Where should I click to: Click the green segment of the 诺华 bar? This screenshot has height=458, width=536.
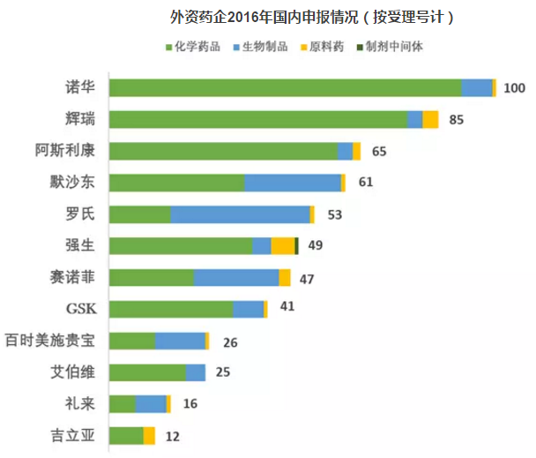285,87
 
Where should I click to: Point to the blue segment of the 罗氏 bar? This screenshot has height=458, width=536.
240,214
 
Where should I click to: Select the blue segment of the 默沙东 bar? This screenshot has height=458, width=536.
292,183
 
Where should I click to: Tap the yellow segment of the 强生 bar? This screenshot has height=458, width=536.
282,246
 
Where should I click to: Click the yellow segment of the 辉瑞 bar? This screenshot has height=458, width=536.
430,119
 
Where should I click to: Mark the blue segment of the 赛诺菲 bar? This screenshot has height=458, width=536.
236,278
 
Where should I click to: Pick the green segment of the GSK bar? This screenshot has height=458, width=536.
171,309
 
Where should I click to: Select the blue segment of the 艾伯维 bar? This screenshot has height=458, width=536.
196,372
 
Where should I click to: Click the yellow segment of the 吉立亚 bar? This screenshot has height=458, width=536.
149,436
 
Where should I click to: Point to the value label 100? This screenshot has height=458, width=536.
514,87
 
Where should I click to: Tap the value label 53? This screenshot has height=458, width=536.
334,214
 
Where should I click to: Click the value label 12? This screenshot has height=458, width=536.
172,436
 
